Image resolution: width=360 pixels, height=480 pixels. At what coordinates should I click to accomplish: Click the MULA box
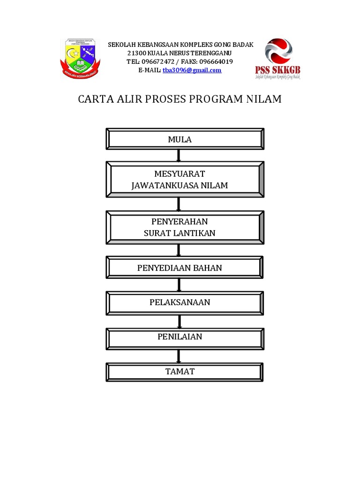(x=185, y=140)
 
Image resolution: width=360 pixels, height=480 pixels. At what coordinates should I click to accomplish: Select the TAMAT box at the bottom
(x=185, y=372)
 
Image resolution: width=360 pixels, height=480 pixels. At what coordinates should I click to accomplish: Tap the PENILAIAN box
(x=185, y=337)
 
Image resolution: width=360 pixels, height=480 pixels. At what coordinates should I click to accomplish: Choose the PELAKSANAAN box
(x=185, y=302)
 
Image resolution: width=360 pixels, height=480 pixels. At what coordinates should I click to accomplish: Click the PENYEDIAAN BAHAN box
(x=185, y=268)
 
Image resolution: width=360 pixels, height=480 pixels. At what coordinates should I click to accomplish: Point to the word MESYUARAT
(x=180, y=174)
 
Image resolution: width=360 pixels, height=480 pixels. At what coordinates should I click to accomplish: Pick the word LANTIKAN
(x=197, y=233)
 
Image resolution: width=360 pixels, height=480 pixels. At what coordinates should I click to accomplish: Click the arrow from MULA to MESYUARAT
(x=179, y=155)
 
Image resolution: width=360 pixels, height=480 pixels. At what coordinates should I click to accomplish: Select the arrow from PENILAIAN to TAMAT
(x=179, y=356)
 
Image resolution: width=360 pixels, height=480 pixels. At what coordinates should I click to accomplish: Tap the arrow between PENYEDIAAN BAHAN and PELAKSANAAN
(x=179, y=285)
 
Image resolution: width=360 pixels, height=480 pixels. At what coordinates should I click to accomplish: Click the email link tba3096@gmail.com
(x=192, y=70)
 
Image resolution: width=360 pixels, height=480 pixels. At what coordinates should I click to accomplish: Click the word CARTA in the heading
(x=93, y=99)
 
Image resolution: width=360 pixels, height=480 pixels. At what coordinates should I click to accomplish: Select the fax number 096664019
(x=216, y=62)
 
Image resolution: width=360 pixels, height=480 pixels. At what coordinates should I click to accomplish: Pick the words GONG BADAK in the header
(x=233, y=45)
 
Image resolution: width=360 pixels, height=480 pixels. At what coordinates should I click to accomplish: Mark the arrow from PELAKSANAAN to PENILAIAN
(x=179, y=321)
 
